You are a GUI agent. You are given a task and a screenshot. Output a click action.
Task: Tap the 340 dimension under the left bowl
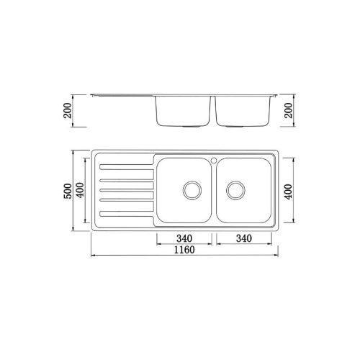coord(184,238)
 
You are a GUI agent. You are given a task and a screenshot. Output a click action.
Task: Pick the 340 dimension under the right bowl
coord(243,238)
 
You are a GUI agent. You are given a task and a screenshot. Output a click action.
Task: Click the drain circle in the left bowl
coord(192,190)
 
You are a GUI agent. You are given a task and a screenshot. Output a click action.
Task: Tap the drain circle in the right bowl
coord(235,190)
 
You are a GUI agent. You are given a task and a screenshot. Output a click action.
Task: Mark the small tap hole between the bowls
coord(213,158)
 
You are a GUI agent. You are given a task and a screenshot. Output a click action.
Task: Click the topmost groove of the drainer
coord(126,169)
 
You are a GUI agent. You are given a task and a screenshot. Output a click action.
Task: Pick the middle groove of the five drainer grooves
coord(126,190)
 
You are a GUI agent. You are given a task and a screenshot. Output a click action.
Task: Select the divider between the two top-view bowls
coord(213,191)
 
